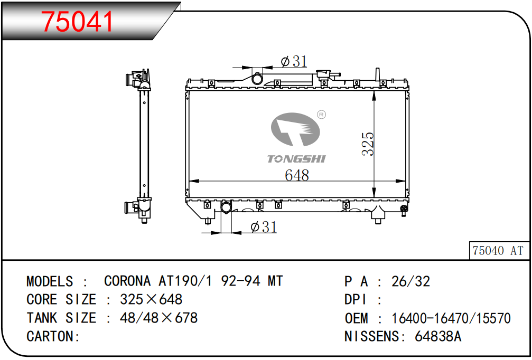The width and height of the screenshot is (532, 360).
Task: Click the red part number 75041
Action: pyautogui.click(x=77, y=21)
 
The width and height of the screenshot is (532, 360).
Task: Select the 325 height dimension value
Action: pyautogui.click(x=368, y=144)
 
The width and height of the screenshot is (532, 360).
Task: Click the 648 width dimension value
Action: pyautogui.click(x=297, y=175)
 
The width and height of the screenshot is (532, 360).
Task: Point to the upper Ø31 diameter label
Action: pyautogui.click(x=294, y=61)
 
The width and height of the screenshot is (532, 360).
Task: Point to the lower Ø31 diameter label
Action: pyautogui.click(x=263, y=227)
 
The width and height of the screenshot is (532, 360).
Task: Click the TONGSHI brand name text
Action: pyautogui.click(x=296, y=159)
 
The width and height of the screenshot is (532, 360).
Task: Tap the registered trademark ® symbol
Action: pyautogui.click(x=321, y=115)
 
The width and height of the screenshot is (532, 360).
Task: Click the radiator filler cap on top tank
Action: pyautogui.click(x=324, y=74)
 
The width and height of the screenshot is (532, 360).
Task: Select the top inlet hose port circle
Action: pyautogui.click(x=257, y=79)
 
